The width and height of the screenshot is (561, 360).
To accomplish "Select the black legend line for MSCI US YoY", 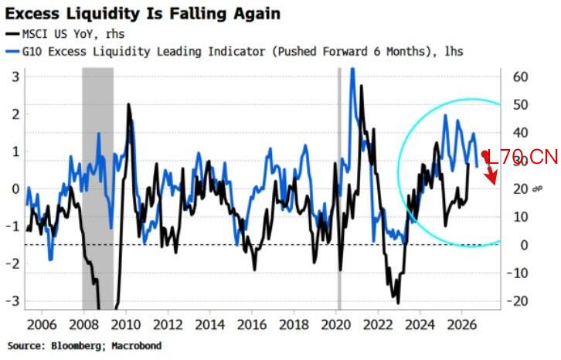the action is (x=12, y=34).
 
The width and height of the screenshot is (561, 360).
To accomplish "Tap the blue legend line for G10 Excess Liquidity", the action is (x=12, y=52).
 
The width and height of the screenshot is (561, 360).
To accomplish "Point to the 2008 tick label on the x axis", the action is (x=83, y=325).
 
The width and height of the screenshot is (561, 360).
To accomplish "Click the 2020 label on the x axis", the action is (x=336, y=325).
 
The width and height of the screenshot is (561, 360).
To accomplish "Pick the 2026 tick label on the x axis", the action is (x=462, y=325).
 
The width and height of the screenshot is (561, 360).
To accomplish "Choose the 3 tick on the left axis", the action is (x=15, y=76).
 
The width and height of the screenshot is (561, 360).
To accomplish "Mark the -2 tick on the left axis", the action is (x=13, y=263).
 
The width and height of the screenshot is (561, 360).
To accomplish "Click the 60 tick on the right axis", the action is (x=520, y=76).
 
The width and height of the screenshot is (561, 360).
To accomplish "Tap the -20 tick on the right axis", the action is (x=518, y=301).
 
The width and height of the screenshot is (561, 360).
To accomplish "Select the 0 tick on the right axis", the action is (x=524, y=245).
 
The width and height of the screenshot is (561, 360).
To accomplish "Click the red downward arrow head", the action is (x=491, y=177).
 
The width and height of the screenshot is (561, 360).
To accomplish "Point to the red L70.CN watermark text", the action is (x=522, y=157).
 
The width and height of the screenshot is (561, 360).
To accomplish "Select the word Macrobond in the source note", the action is (x=136, y=345).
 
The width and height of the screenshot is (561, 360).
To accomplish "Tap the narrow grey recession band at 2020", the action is (x=339, y=188).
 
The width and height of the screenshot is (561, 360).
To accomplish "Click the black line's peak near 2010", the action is (x=128, y=104).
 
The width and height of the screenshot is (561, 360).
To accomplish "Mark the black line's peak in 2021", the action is (x=362, y=86).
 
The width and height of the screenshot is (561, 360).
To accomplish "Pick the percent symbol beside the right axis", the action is (x=537, y=188).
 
